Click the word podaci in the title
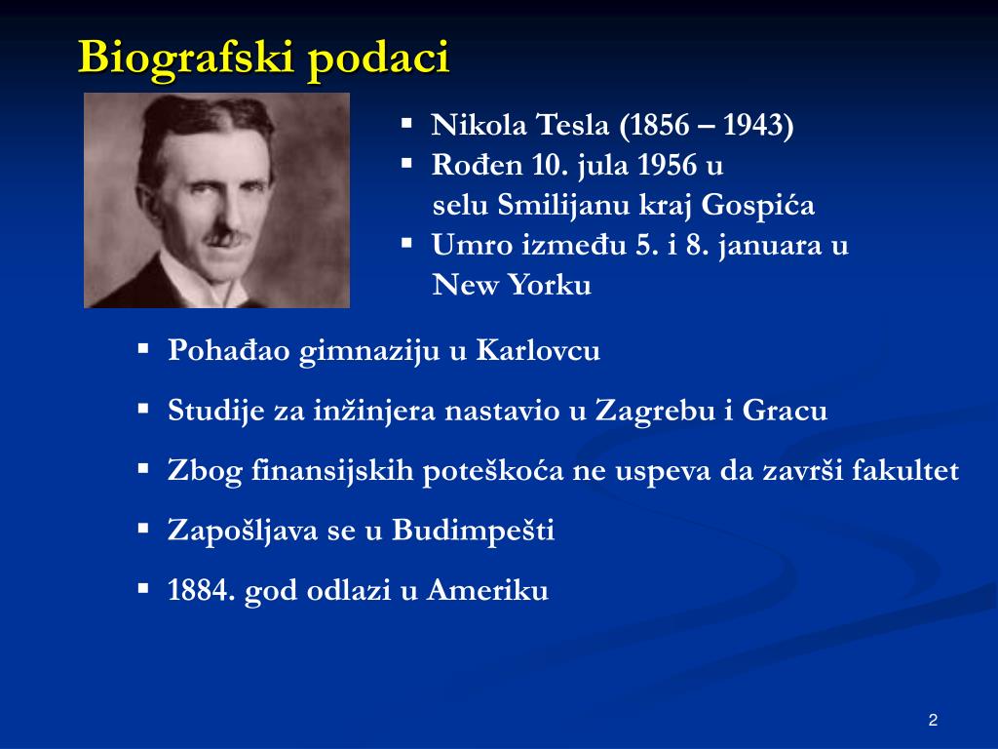coord(379,59)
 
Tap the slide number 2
coord(933,721)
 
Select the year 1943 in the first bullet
coord(754,124)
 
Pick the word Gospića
coord(757,205)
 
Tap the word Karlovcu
coord(538,350)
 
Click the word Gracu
coord(785,411)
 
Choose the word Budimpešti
coord(473,530)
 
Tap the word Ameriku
coord(487,590)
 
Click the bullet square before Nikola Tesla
coord(406,123)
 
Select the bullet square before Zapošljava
coord(143,528)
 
